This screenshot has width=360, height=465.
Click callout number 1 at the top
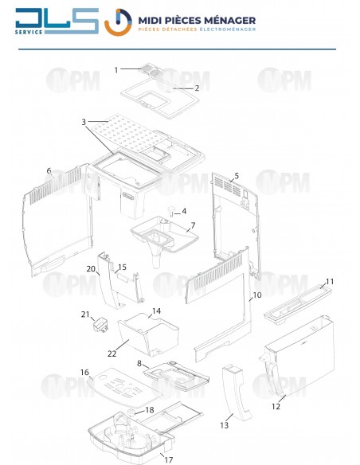(x=116, y=70)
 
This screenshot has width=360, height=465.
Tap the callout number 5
(x=237, y=175)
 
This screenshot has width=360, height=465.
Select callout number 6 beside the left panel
(x=49, y=171)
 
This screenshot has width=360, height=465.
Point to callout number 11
(x=329, y=282)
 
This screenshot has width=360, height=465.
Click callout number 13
(x=225, y=426)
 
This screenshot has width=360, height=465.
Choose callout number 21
(x=84, y=315)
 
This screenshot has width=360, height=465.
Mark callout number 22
(x=112, y=354)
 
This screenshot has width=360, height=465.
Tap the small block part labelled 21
(x=101, y=326)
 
